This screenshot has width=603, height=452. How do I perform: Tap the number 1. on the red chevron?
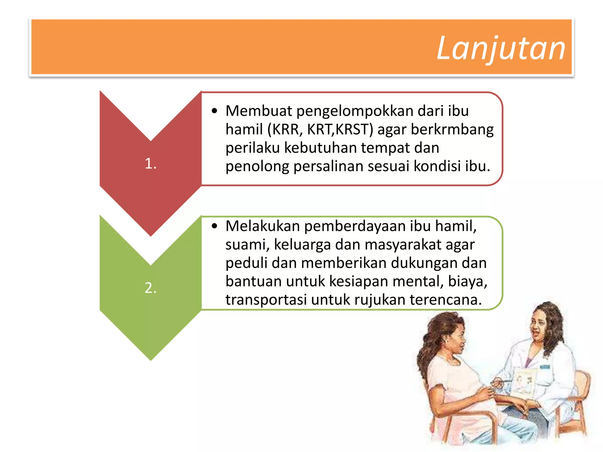[150, 164]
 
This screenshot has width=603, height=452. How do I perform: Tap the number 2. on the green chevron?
[150, 288]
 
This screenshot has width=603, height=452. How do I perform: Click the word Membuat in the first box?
[259, 111]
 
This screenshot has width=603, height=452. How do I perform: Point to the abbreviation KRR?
[285, 129]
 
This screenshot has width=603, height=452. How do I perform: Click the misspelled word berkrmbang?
[452, 130]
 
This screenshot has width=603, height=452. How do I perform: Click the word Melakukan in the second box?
[263, 226]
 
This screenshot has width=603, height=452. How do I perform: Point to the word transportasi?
[266, 300]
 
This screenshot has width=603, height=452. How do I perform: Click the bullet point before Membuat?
[214, 111]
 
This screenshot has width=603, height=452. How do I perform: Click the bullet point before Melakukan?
[214, 226]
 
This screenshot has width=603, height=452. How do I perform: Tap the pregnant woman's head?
[448, 335]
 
